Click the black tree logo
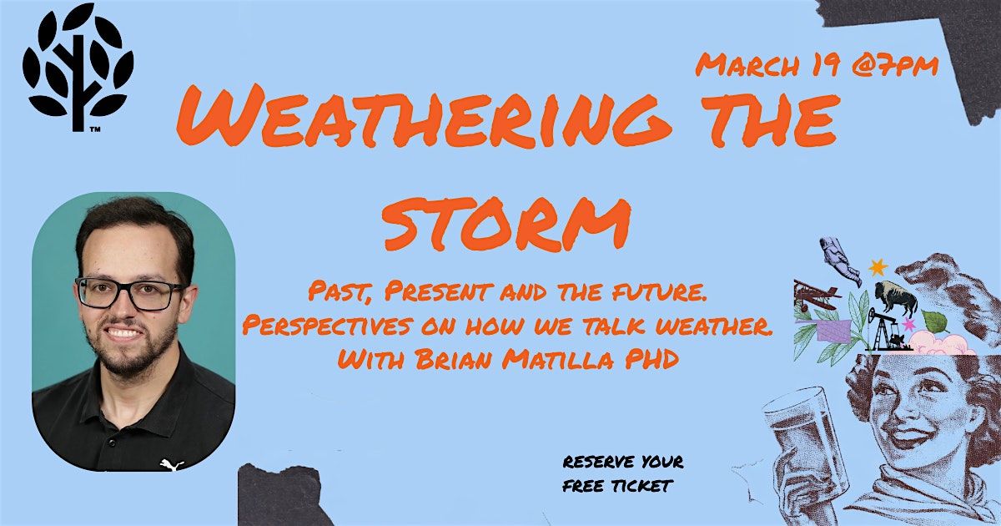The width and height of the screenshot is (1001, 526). click(x=78, y=67)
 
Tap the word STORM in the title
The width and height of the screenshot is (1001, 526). click(x=507, y=224)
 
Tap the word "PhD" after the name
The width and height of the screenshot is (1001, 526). click(x=651, y=359)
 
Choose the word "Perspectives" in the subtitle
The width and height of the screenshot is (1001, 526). click(x=327, y=326)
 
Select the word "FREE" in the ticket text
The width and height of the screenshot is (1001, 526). click(x=583, y=486)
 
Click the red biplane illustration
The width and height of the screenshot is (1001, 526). click(x=816, y=295)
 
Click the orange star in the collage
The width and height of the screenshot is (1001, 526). click(x=878, y=267)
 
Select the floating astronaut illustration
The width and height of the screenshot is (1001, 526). click(x=840, y=260)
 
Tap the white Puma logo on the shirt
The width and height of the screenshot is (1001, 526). click(x=172, y=465)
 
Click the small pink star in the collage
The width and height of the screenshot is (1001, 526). click(x=908, y=323)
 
